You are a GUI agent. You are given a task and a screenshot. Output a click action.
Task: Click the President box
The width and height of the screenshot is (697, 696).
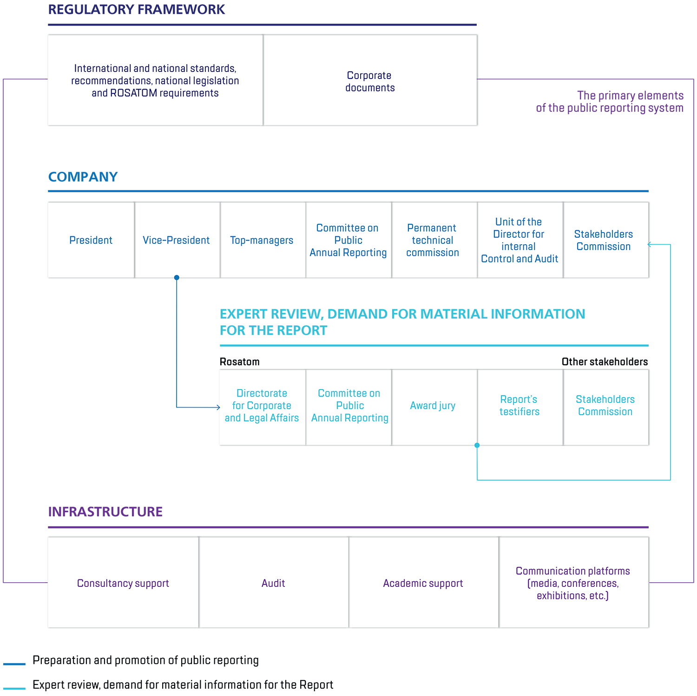(91, 240)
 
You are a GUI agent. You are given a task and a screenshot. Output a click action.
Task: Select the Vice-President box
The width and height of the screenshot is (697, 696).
(177, 240)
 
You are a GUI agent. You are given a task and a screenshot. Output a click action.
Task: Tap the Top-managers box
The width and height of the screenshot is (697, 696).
(262, 240)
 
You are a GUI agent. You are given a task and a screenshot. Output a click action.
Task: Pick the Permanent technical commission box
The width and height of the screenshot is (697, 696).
(433, 240)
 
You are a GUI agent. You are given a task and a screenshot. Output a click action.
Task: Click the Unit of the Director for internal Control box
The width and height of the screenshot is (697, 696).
(519, 240)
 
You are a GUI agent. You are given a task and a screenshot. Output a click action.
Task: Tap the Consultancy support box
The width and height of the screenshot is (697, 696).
(123, 583)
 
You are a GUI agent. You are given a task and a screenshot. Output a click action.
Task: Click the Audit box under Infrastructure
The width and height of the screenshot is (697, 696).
(273, 583)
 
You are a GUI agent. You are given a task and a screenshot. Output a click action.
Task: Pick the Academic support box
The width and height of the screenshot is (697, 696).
(423, 583)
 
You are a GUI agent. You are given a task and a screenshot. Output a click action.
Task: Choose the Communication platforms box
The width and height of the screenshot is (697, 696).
(573, 583)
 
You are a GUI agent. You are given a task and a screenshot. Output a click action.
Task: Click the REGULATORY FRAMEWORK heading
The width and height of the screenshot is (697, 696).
(137, 10)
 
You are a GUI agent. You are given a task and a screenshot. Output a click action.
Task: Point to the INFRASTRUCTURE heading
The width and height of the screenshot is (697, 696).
(105, 512)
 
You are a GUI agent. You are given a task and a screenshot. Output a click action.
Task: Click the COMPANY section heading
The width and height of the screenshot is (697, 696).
(83, 177)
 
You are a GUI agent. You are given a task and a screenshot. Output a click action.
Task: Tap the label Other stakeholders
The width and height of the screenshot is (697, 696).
(605, 362)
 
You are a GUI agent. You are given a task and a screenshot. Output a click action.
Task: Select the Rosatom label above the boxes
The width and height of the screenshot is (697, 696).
(240, 362)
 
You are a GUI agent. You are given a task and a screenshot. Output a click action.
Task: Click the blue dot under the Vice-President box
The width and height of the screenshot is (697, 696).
(177, 278)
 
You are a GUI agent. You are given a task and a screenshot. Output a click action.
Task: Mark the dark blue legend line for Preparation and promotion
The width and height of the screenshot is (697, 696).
(14, 664)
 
